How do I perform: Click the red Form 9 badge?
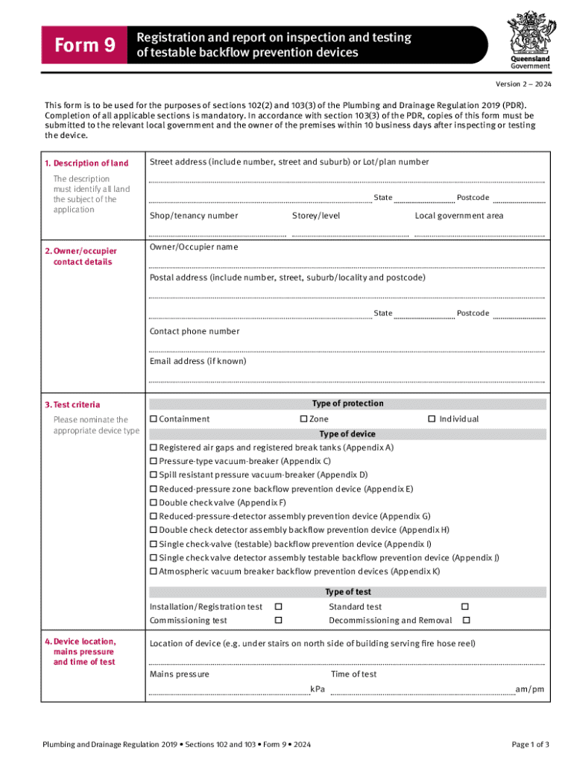point(83,46)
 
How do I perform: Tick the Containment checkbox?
point(154,419)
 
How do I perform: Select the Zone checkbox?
point(303,419)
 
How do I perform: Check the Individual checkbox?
point(431,419)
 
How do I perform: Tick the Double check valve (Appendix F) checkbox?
point(154,503)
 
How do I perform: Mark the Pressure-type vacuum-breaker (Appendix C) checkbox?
point(154,461)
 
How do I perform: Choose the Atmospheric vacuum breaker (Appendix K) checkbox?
point(154,572)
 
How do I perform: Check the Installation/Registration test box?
point(279,607)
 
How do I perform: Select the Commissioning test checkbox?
point(279,621)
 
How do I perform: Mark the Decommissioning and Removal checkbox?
point(466,621)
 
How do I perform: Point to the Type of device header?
point(347,434)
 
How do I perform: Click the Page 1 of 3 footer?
point(530,745)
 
